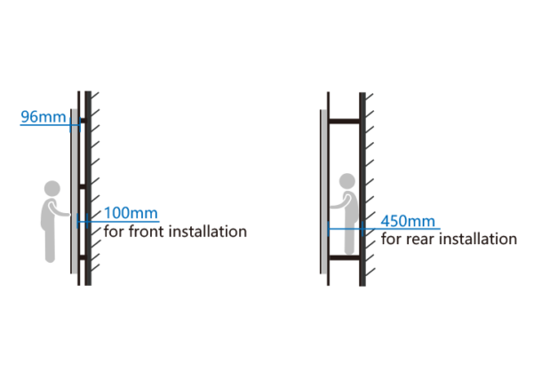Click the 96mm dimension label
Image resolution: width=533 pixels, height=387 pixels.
tap(44, 117)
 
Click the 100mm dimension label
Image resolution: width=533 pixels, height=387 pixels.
tap(131, 213)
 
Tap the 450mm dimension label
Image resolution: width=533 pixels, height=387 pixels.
tap(408, 221)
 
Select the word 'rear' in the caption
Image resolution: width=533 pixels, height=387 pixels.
tap(421, 239)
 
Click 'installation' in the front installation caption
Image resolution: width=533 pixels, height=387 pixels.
tap(208, 232)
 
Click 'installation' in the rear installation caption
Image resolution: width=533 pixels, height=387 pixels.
tap(478, 239)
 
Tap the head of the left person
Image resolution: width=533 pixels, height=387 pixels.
tap(52, 188)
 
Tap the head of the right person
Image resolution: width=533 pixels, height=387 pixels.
tap(347, 181)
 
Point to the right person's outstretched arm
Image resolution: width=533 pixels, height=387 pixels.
tap(339, 203)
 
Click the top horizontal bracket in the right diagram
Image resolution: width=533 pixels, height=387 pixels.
tap(344, 121)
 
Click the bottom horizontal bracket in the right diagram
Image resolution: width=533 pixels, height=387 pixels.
tap(344, 257)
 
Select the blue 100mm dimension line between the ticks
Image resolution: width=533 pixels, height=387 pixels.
tap(83, 222)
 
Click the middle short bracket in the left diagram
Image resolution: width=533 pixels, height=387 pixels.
tap(82, 186)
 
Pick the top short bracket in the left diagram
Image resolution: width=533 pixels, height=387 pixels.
tap(83, 121)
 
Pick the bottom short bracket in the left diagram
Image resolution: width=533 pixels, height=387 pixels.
tap(82, 257)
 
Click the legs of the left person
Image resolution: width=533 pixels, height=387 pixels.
tap(50, 245)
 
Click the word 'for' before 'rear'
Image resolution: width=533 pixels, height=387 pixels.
tap(392, 239)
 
